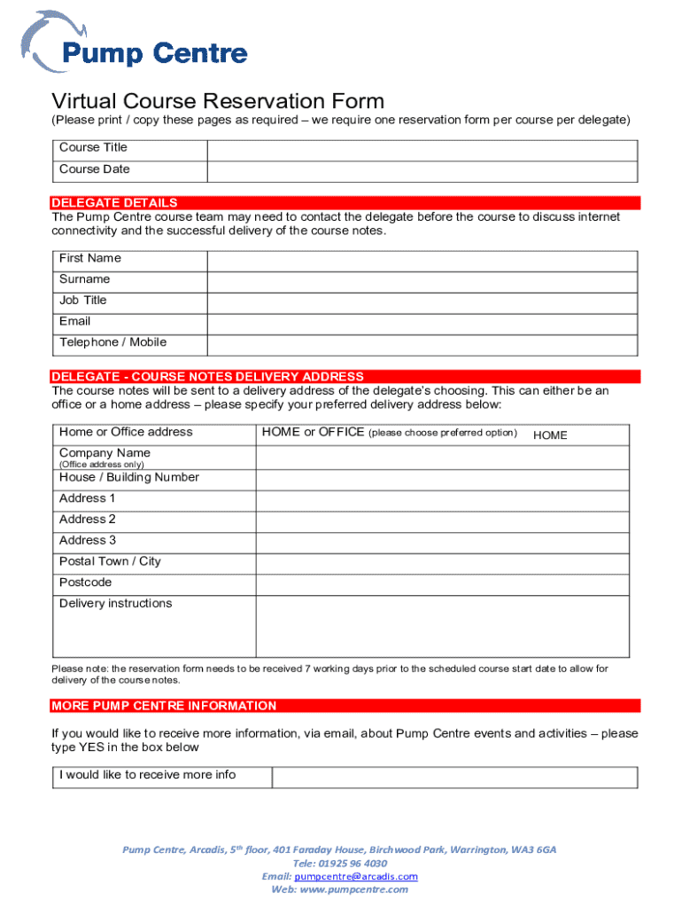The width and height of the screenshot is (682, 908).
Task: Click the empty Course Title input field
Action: [422, 149]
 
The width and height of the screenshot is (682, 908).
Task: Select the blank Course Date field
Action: [422, 171]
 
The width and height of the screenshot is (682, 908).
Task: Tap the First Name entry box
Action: [422, 260]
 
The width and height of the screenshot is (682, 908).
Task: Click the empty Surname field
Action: [422, 281]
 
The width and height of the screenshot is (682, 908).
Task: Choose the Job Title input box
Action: [422, 302]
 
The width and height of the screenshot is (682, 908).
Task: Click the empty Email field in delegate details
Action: [422, 324]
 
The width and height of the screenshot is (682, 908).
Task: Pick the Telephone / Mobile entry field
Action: [422, 345]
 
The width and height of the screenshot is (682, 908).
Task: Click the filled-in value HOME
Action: [550, 435]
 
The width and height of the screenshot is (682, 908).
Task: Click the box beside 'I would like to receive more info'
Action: [453, 777]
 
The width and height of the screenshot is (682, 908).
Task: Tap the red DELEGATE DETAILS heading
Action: [115, 202]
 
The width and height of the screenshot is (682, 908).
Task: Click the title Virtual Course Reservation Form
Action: [218, 101]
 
